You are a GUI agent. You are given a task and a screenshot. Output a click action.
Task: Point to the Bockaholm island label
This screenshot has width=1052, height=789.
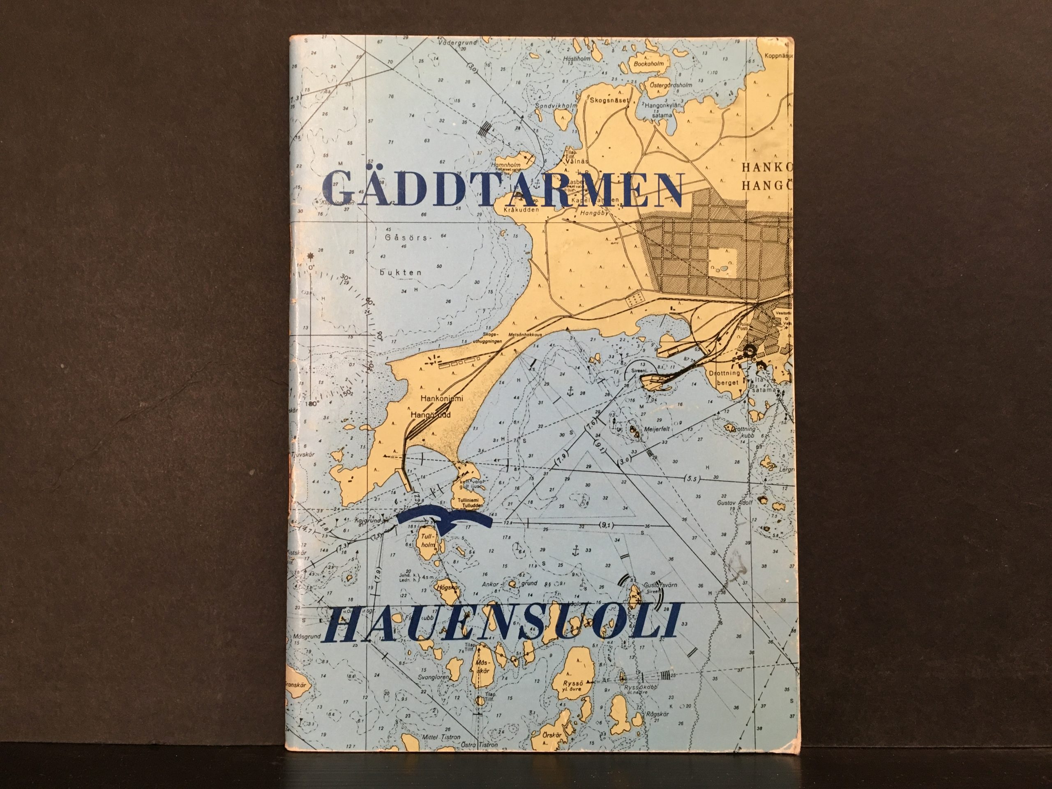point(650,63)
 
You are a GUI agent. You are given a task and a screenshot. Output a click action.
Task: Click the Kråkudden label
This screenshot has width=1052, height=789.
point(521,209)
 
